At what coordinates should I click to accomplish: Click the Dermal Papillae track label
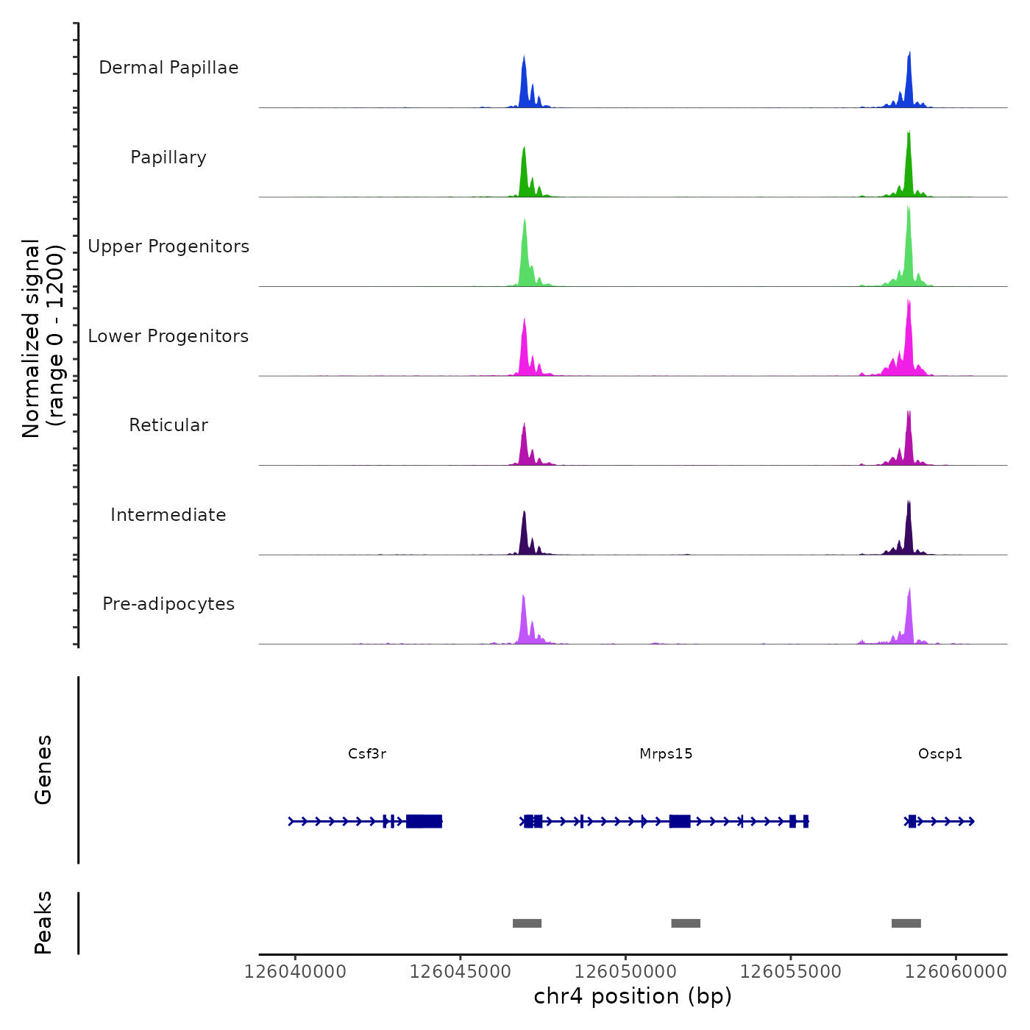tap(168, 68)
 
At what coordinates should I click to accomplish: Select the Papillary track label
tap(168, 157)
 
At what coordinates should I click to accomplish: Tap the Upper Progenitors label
tap(168, 246)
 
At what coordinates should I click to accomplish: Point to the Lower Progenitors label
tap(168, 336)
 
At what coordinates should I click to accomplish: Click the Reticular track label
tap(168, 425)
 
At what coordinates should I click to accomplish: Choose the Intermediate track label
tap(168, 515)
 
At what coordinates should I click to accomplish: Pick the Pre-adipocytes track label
tap(168, 604)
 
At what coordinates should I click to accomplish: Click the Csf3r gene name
tap(367, 754)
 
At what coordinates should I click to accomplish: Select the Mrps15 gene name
tap(666, 754)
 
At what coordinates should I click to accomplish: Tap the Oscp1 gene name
tap(940, 754)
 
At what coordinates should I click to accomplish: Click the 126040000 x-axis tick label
tap(295, 972)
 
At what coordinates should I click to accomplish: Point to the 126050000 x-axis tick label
tap(625, 972)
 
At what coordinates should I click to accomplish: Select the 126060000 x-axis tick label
tap(956, 972)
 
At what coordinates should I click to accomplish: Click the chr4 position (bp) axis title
tap(633, 997)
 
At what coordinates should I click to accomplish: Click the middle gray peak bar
tap(686, 923)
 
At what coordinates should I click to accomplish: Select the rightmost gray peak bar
tap(906, 923)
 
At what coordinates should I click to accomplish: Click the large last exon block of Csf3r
tap(424, 821)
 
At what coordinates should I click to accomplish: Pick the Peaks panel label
tap(43, 923)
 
